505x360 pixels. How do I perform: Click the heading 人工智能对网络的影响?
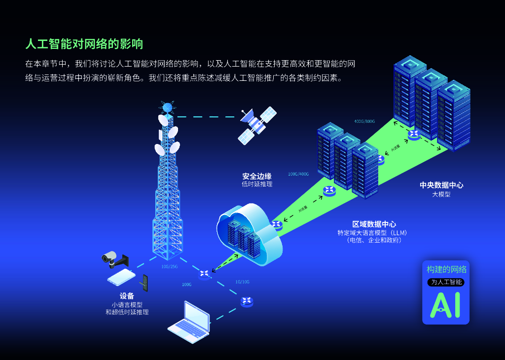84,44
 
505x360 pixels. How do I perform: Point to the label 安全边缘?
256,176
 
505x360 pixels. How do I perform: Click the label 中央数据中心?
441,185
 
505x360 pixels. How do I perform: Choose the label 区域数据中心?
374,224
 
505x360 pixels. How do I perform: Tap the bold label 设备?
127,296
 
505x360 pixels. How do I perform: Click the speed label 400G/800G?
364,121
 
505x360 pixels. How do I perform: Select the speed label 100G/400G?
298,174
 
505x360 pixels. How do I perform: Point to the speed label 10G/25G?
169,267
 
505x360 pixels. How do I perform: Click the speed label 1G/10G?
242,282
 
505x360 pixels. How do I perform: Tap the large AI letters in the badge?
445,304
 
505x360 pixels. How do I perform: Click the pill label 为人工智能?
445,282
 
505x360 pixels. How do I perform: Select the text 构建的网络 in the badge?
446,269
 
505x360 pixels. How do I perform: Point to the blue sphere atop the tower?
167,108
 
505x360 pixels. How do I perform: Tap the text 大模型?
441,194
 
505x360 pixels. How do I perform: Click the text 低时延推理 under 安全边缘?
257,184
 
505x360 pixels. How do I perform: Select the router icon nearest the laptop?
247,301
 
